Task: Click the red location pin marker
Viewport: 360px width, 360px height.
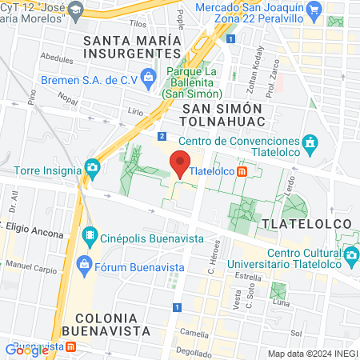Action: (180, 164)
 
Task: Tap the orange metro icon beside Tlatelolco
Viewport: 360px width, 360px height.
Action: (253, 170)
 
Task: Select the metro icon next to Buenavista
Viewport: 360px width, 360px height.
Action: (70, 348)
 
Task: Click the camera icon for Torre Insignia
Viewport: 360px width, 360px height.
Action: (93, 169)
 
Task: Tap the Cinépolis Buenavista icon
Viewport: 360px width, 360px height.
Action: (88, 236)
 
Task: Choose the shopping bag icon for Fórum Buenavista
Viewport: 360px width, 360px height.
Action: (82, 263)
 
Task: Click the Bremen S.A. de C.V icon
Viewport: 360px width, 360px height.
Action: (148, 77)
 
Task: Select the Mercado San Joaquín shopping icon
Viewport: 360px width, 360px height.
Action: (314, 10)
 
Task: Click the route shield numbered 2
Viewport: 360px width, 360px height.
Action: (162, 136)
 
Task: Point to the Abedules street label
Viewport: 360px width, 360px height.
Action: (56, 58)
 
